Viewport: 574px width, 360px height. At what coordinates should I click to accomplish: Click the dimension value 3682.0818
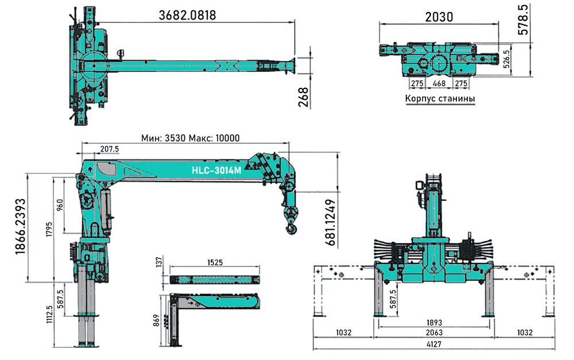click(x=187, y=15)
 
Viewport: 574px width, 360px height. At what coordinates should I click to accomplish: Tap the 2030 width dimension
click(x=439, y=17)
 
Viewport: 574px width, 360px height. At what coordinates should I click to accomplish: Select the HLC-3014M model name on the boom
click(x=216, y=171)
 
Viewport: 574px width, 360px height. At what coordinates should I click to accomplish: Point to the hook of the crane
click(x=292, y=229)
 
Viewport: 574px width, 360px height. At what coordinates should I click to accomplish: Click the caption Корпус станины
click(x=440, y=99)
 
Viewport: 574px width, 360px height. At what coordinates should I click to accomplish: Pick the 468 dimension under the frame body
click(x=439, y=83)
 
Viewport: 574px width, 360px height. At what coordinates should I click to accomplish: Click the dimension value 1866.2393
click(x=21, y=226)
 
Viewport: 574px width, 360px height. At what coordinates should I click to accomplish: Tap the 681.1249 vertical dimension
click(x=330, y=222)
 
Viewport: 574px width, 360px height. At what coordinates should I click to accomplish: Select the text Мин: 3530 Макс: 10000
click(x=191, y=138)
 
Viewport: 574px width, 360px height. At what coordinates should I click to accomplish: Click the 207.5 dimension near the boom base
click(x=110, y=149)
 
